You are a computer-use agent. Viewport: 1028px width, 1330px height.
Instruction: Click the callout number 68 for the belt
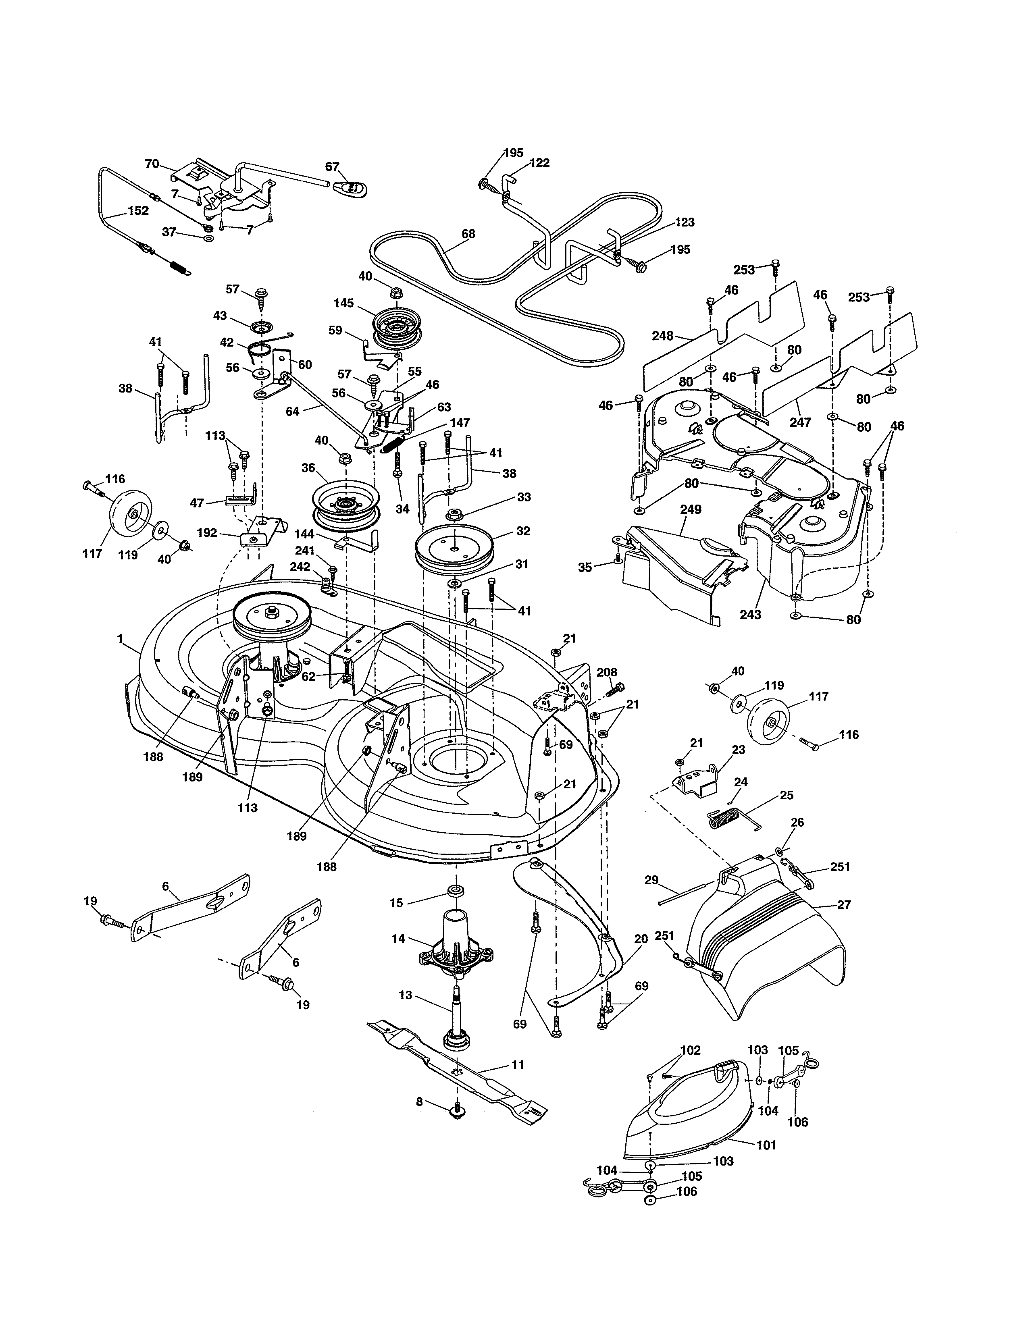468,234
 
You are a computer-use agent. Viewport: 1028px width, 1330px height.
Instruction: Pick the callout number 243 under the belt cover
750,615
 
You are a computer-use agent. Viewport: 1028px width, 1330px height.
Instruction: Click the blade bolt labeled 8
456,1112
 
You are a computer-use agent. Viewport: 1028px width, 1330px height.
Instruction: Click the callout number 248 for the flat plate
663,336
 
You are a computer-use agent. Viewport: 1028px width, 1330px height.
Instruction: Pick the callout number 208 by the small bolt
607,672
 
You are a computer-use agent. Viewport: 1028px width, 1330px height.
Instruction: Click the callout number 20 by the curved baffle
641,939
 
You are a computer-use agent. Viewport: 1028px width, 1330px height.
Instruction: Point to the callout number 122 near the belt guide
539,162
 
